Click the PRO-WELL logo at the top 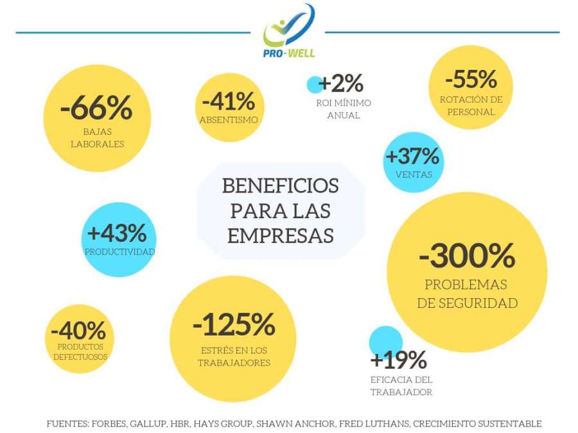click(x=288, y=31)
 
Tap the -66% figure click(x=96, y=107)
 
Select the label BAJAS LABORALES click(x=98, y=138)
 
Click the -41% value click(x=229, y=101)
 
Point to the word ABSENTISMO click(x=229, y=120)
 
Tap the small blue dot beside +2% click(x=315, y=85)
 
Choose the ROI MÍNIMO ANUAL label click(x=344, y=109)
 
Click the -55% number click(x=471, y=79)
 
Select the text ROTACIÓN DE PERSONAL click(x=471, y=106)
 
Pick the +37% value click(x=412, y=156)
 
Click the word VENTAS click(x=414, y=174)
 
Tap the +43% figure click(x=117, y=233)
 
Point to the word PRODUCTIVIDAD click(x=120, y=252)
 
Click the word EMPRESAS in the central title click(x=281, y=235)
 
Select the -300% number click(x=467, y=255)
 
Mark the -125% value click(x=234, y=324)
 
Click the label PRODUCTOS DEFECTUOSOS click(x=80, y=352)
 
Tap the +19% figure click(x=398, y=359)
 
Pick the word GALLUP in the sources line click(x=148, y=424)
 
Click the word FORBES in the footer click(x=109, y=424)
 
